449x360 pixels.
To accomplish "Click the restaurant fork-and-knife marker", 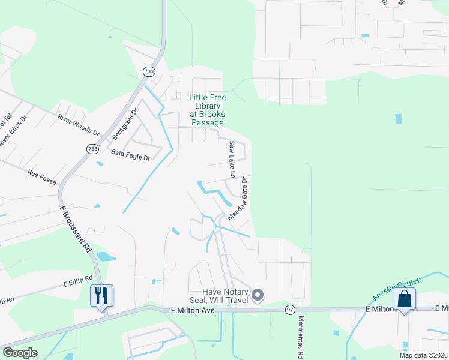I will click(101, 295).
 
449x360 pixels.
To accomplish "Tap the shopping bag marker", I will click(404, 298).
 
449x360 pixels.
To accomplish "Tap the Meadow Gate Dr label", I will click(238, 198).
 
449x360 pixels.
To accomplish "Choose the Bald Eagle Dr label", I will click(130, 155).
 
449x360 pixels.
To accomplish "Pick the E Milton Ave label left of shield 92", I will click(192, 310).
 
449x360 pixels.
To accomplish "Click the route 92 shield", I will click(290, 310).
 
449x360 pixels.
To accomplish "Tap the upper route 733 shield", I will click(149, 71).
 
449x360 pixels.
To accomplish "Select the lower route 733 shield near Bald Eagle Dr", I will click(92, 149).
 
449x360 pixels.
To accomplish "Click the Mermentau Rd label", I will click(301, 337).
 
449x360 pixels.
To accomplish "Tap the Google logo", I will click(20, 353).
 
